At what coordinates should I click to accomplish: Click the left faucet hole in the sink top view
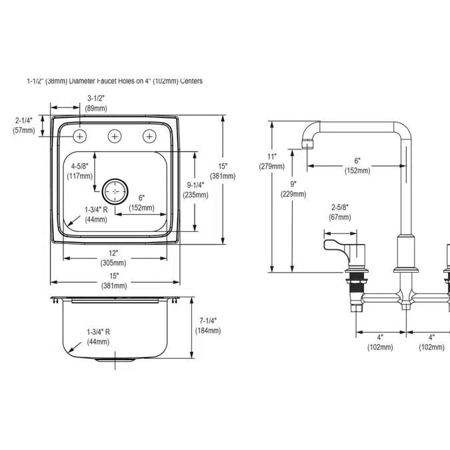(80, 136)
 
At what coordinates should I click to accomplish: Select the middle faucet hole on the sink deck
(115, 136)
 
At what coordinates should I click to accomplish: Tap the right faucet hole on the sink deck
(149, 136)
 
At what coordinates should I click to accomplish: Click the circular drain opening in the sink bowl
(115, 191)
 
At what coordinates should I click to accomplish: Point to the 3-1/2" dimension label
(96, 99)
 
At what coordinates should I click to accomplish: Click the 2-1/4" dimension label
(24, 120)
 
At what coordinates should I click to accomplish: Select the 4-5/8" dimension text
(80, 166)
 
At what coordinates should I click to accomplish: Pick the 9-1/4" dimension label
(196, 185)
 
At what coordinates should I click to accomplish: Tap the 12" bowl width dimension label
(113, 253)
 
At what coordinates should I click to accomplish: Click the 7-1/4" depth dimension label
(208, 321)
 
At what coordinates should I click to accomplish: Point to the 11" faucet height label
(272, 157)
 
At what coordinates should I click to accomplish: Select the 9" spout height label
(293, 184)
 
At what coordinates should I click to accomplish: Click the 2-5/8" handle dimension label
(340, 207)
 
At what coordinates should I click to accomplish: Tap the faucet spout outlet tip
(307, 144)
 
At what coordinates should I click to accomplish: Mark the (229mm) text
(293, 194)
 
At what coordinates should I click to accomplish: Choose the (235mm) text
(196, 195)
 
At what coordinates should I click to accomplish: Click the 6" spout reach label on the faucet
(357, 161)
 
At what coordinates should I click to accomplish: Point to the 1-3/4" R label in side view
(99, 332)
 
